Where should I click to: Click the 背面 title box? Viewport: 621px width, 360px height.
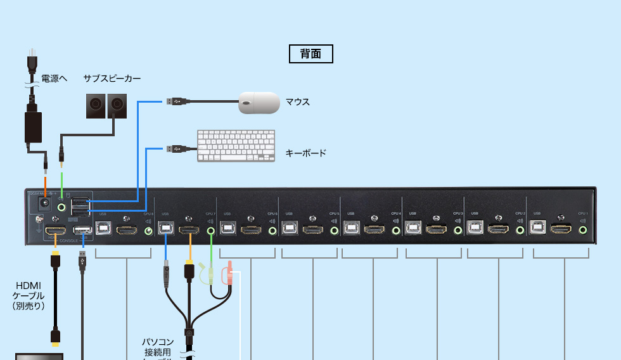(x=310, y=54)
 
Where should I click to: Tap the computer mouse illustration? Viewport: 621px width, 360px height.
(x=259, y=103)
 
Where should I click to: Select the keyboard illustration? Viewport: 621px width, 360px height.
(x=236, y=146)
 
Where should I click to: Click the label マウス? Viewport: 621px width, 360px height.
(x=298, y=101)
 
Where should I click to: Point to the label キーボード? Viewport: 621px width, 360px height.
(x=306, y=153)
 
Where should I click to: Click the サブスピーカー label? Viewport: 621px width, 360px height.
(x=112, y=79)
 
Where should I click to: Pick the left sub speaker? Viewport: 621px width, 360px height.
(x=96, y=106)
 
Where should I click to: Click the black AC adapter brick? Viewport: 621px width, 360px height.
(x=32, y=127)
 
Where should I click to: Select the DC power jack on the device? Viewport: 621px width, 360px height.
(x=45, y=205)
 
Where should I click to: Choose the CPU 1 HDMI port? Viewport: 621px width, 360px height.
(x=561, y=229)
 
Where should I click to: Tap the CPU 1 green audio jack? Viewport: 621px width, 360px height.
(x=583, y=230)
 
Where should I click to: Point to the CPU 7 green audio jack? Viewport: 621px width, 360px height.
(x=211, y=230)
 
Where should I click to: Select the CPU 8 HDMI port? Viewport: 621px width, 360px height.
(x=127, y=229)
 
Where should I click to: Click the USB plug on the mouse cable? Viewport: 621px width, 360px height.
(x=177, y=101)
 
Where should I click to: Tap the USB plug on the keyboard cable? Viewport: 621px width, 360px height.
(x=177, y=149)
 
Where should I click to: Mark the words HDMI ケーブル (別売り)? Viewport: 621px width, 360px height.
(x=29, y=295)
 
